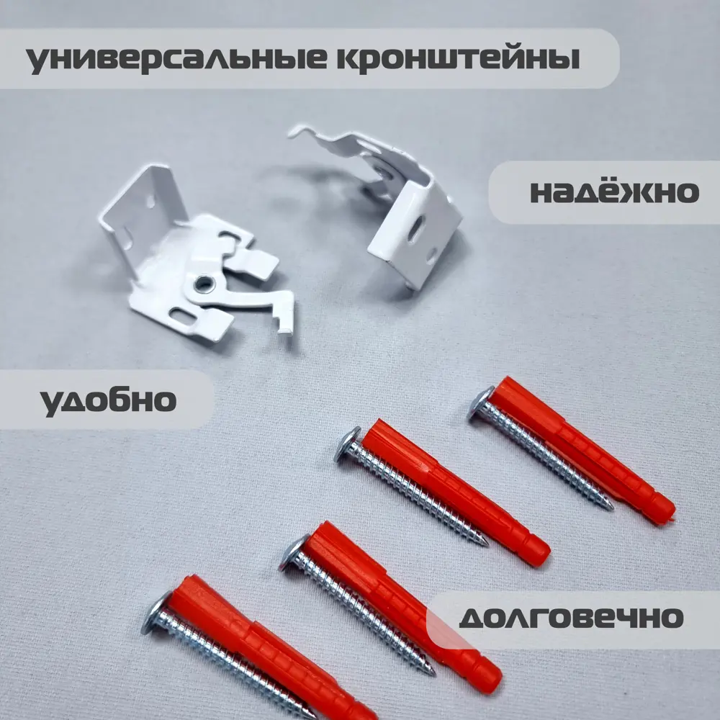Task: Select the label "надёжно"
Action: click(614, 192)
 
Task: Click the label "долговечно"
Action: click(571, 617)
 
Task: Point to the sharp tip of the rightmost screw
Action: click(611, 507)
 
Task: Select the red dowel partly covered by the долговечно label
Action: click(403, 605)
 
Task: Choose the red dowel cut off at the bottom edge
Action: click(274, 648)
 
